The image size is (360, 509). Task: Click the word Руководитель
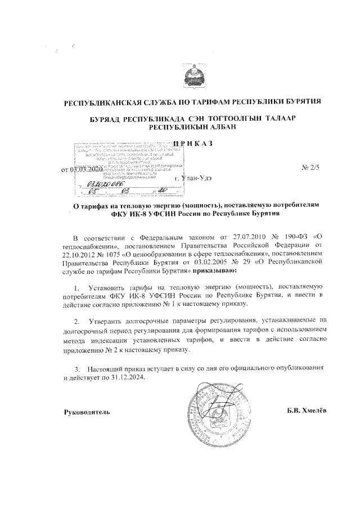[86, 411]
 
